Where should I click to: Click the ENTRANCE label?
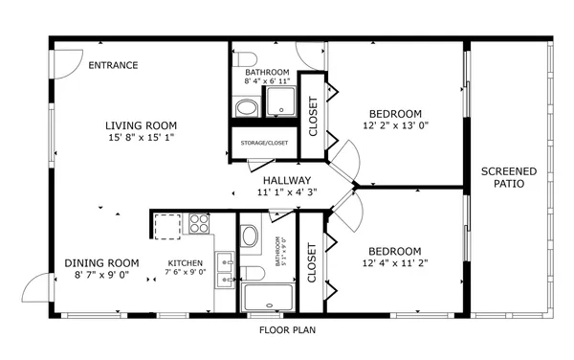pyautogui.click(x=113, y=65)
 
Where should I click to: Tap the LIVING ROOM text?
pyautogui.click(x=141, y=125)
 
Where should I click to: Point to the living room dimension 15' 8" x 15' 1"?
pyautogui.click(x=141, y=138)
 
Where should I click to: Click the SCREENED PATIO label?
pyautogui.click(x=508, y=177)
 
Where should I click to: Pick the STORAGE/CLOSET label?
pyautogui.click(x=265, y=144)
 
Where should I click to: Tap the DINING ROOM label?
pyautogui.click(x=101, y=263)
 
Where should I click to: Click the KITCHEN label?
pyautogui.click(x=186, y=264)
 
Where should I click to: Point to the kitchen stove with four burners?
pyautogui.click(x=200, y=224)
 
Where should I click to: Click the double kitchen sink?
pyautogui.click(x=226, y=269)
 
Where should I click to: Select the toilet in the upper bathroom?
pyautogui.click(x=245, y=56)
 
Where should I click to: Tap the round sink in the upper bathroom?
pyautogui.click(x=247, y=107)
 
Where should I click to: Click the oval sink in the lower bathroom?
pyautogui.click(x=251, y=236)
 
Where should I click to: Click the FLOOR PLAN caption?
pyautogui.click(x=287, y=330)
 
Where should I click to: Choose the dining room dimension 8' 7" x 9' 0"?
pyautogui.click(x=101, y=276)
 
